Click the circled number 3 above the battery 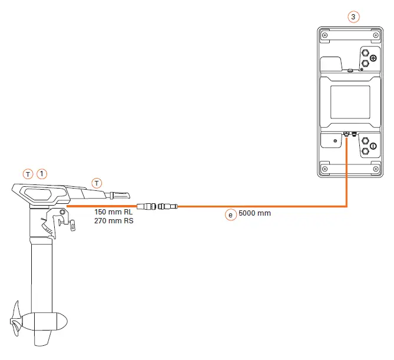coord(352,17)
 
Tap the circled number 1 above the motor coord(42,174)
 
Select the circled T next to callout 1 coord(28,174)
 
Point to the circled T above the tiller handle coord(97,181)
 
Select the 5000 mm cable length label coord(255,213)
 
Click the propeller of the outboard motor coord(16,321)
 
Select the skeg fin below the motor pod coord(44,339)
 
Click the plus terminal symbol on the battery coord(372,58)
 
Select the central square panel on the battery coord(350,100)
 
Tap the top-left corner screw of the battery coord(324,34)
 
